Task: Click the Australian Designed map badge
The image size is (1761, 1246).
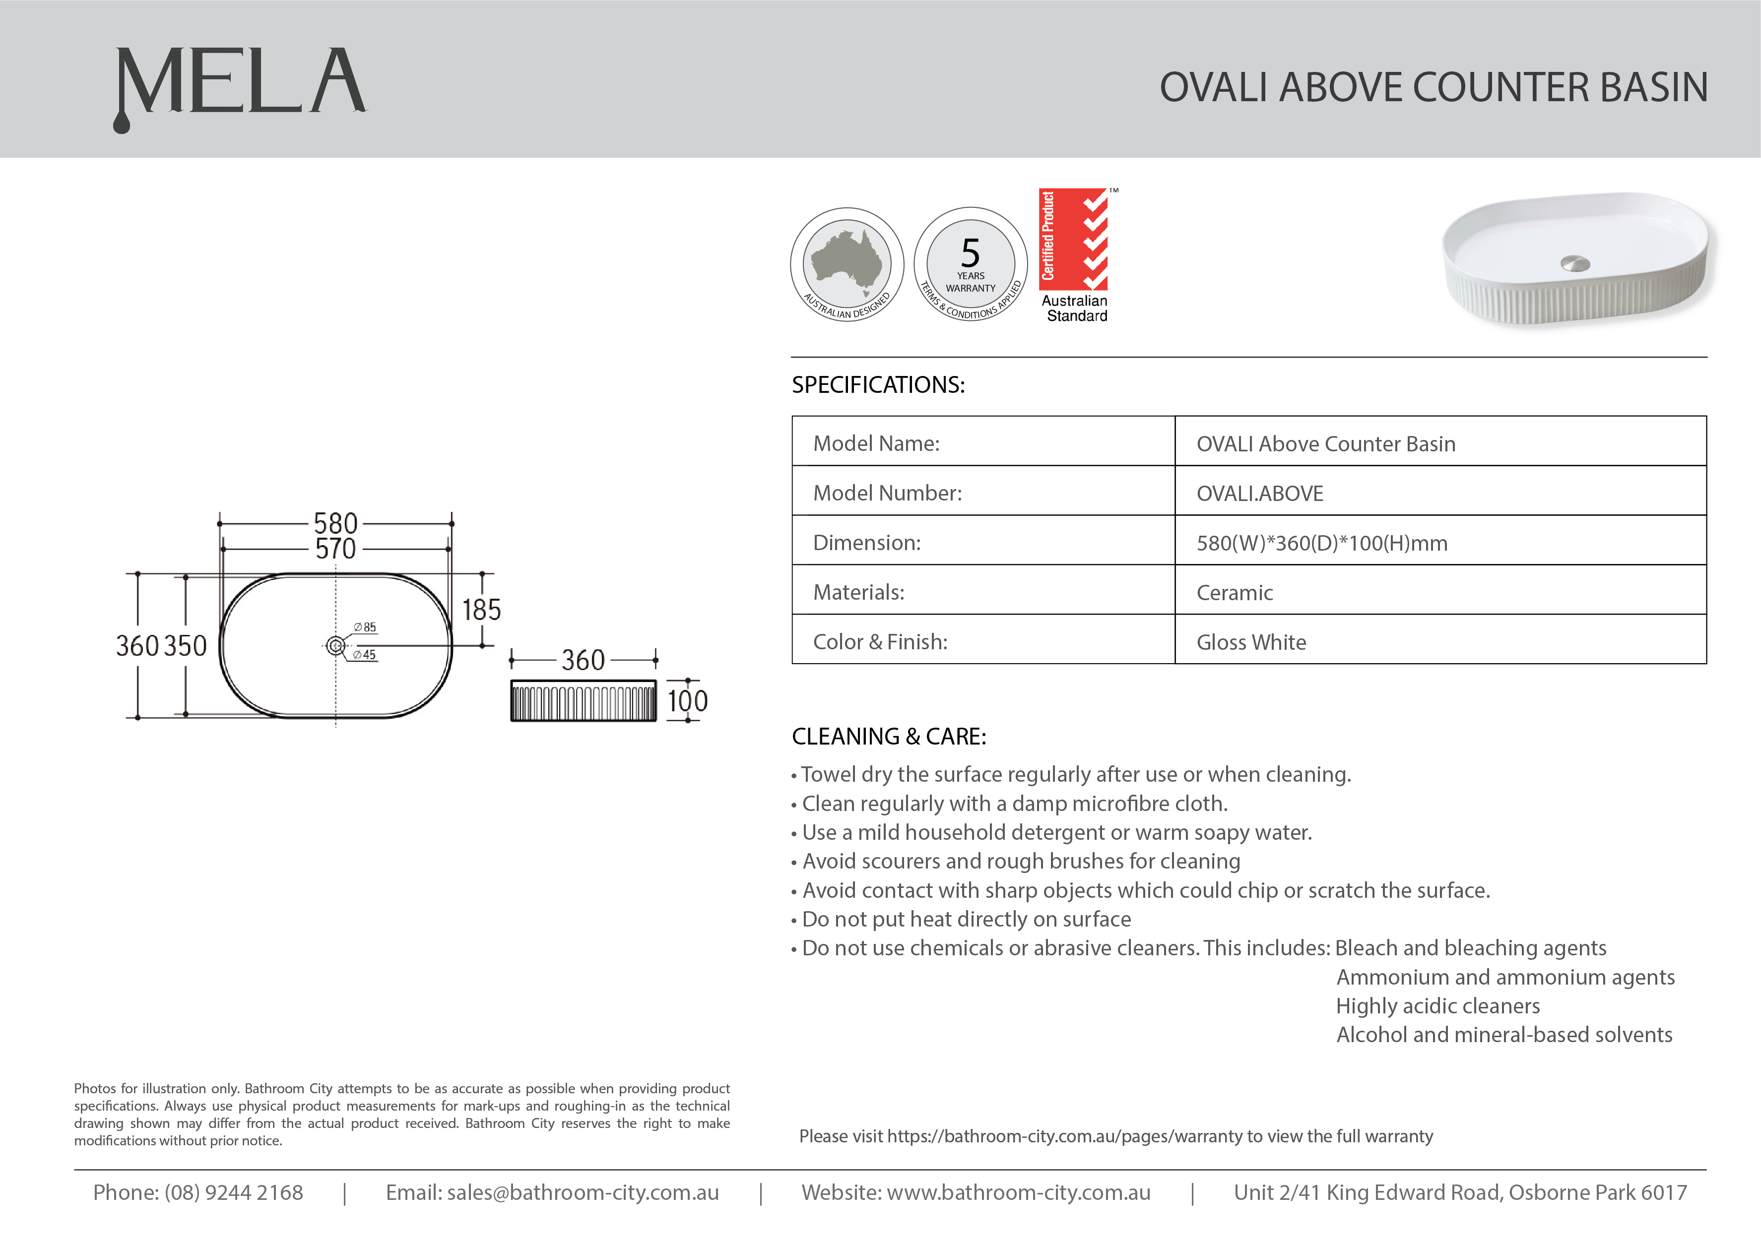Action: pos(847,264)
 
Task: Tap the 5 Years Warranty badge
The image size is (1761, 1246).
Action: pos(971,264)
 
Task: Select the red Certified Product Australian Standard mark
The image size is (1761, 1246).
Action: pos(1074,255)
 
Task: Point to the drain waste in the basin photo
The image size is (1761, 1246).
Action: pos(1575,263)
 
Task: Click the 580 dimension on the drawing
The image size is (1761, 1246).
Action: pos(335,523)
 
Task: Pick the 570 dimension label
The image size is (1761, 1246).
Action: pos(335,549)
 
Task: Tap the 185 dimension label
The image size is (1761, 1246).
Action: pos(481,610)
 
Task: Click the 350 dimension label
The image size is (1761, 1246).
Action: pos(186,646)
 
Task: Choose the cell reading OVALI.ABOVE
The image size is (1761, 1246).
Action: pos(1260,494)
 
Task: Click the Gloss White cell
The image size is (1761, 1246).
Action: pos(1251,642)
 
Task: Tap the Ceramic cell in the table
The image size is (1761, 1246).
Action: pos(1234,592)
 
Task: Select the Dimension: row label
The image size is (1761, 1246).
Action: pos(866,543)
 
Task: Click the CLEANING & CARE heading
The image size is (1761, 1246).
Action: pos(889,737)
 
